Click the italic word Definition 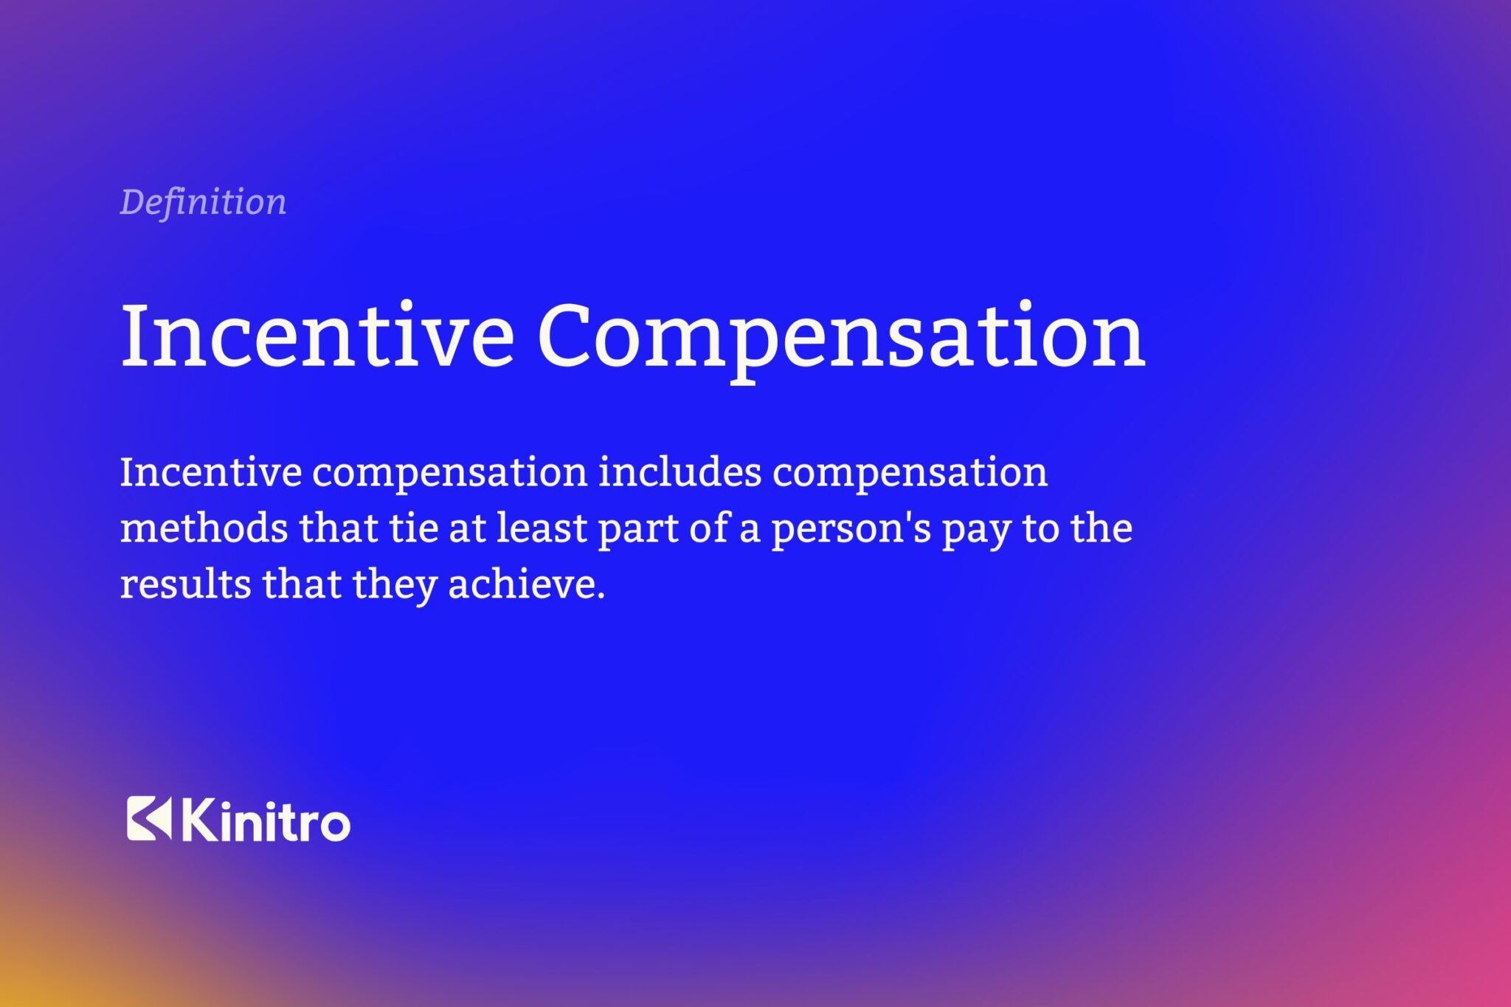[x=203, y=202]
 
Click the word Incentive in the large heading [x=317, y=336]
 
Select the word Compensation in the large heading [x=841, y=336]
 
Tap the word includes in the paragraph [x=680, y=473]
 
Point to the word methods [x=204, y=529]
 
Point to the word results [x=185, y=585]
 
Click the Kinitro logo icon [x=148, y=819]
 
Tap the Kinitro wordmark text [x=265, y=821]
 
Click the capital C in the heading [x=570, y=336]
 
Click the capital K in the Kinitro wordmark [x=197, y=820]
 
